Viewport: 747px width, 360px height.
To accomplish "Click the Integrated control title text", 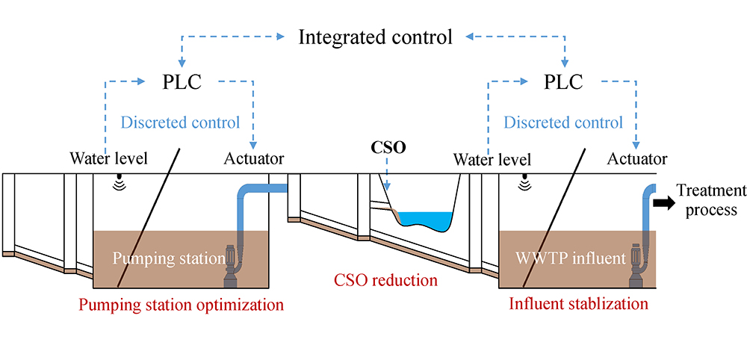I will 375,37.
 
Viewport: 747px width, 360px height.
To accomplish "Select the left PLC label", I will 182,81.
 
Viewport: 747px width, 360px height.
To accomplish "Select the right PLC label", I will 565,81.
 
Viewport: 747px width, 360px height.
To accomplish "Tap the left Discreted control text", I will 180,122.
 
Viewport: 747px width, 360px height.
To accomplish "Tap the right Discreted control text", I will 562,122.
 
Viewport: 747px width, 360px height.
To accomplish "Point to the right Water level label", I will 492,159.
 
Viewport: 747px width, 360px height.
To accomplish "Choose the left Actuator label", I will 253,159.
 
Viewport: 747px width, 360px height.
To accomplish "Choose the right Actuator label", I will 636,159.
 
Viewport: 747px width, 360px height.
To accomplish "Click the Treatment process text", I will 711,199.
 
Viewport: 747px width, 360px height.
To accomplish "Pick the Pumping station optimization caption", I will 181,305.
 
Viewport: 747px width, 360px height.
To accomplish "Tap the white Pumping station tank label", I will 169,258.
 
